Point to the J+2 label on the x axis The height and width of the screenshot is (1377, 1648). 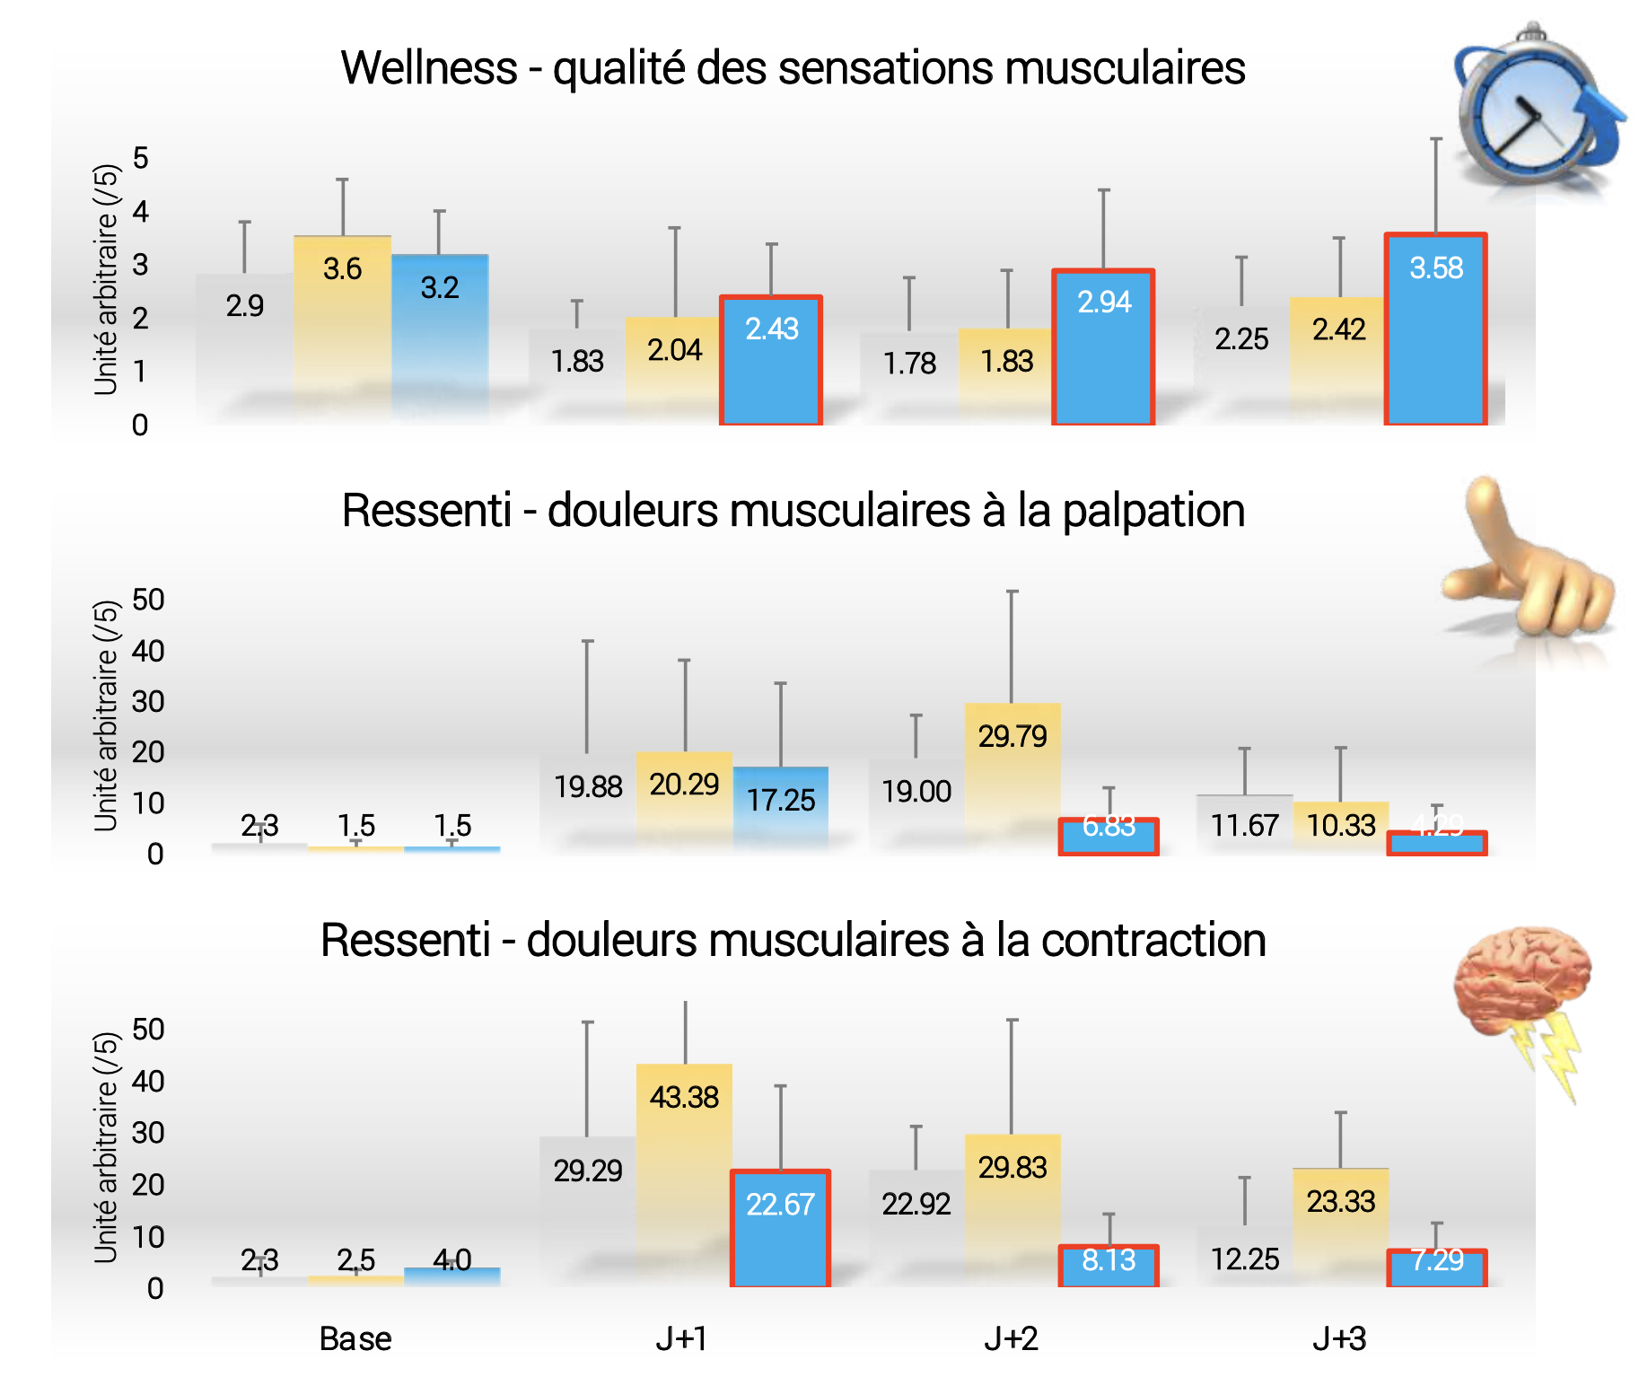(1011, 1339)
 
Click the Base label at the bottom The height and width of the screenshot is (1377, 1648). (355, 1339)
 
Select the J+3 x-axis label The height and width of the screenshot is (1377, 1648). (1339, 1339)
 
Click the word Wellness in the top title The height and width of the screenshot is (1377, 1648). (429, 68)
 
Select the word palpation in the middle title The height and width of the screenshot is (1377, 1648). (1153, 511)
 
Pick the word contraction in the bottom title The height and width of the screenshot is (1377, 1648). (1153, 941)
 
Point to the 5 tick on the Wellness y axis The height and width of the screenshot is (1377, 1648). (140, 159)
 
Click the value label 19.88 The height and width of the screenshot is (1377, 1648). (588, 787)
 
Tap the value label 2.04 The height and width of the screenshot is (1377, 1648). (674, 350)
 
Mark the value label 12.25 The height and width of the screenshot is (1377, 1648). (1245, 1259)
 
